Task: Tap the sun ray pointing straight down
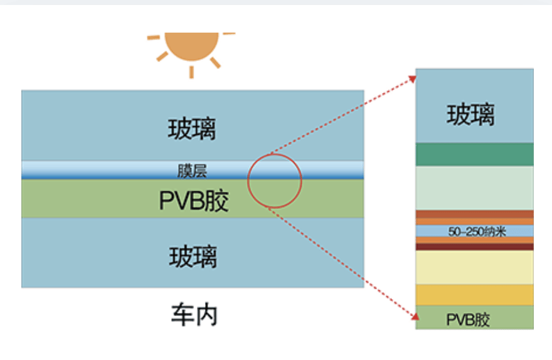(191, 71)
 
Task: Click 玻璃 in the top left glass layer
(192, 129)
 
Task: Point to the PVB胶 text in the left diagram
(193, 201)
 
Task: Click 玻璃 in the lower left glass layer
(193, 257)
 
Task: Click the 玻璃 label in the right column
(471, 115)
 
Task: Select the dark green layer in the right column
(474, 154)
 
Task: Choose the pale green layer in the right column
(474, 188)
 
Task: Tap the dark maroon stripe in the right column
(474, 247)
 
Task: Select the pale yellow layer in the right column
(474, 267)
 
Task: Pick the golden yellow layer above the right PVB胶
(474, 295)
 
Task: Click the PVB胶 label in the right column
(468, 320)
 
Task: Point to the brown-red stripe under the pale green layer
(474, 214)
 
